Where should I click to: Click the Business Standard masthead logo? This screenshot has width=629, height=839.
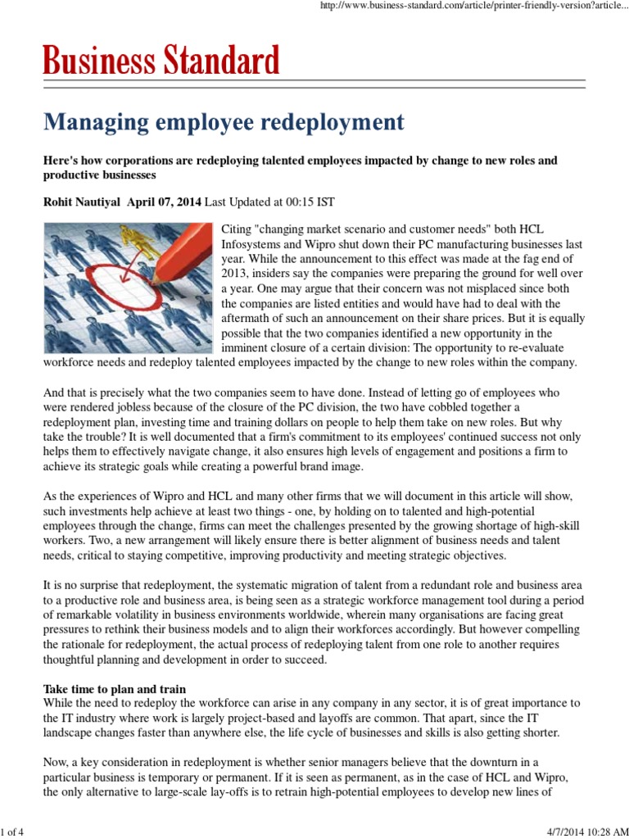tap(161, 61)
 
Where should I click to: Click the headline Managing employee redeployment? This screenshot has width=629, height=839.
tap(224, 122)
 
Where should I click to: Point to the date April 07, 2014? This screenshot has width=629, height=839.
tap(164, 202)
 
